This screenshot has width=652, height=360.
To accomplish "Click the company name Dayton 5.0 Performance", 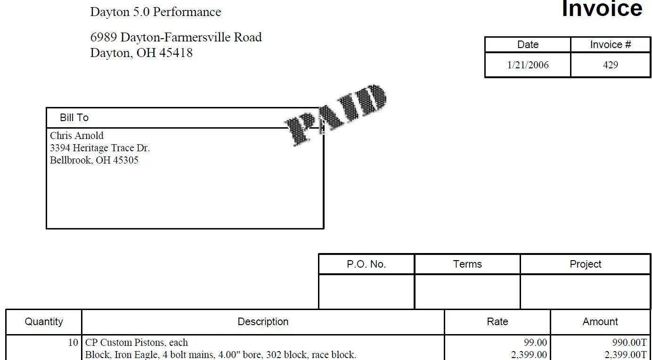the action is pos(155,12).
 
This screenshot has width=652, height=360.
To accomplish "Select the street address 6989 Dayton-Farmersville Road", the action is pos(176,37).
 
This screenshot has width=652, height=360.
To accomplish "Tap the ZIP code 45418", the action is pos(176,53).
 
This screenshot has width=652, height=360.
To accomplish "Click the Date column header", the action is pos(528,44).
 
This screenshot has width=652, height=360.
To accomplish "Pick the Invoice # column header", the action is pos(611,44).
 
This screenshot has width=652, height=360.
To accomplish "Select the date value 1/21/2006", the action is pos(528,65).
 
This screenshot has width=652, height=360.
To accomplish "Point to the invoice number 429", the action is pos(611,65).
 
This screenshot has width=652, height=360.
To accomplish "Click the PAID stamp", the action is pos(335,115).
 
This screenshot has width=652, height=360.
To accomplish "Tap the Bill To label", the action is pos(74,118).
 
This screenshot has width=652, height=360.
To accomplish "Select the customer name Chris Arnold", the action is pos(76,136).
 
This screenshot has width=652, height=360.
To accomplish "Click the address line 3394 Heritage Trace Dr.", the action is pos(99,148).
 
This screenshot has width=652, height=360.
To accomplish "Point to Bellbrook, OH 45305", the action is pos(94,160).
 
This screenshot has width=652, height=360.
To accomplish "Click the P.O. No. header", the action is pos(366,264).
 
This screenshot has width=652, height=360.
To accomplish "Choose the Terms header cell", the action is pos(467,264).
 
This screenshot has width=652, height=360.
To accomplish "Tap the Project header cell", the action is pos(586,264).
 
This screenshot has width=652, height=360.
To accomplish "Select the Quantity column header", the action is pos(44,321).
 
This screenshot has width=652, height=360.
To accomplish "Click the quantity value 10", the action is pos(73,343).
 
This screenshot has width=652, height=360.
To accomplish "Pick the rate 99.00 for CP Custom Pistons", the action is pos(535,343).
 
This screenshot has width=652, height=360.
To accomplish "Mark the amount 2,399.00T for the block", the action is pos(626,355).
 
